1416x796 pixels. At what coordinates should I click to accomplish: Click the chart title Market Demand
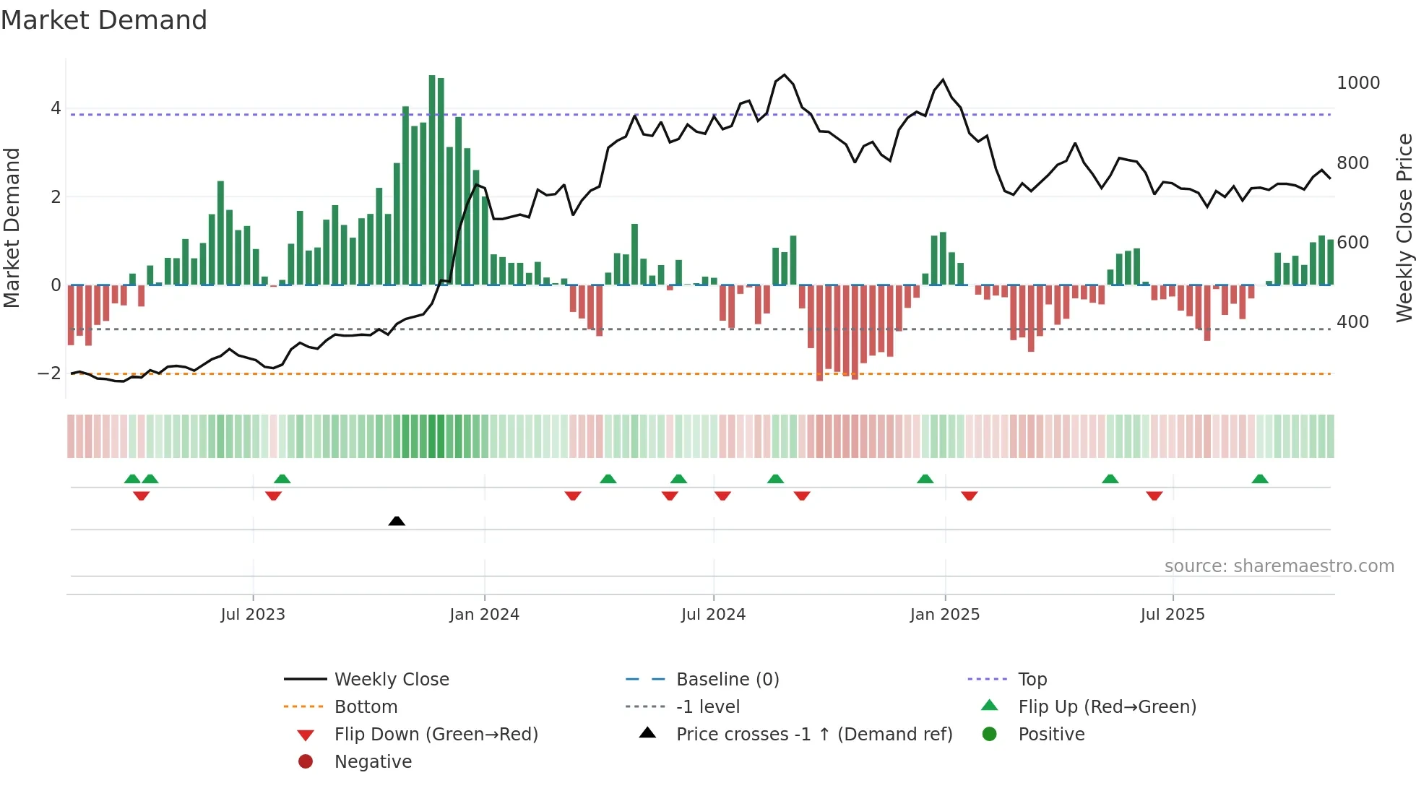click(104, 20)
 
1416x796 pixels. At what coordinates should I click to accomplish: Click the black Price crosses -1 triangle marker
click(397, 521)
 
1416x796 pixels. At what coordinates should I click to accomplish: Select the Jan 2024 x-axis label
click(484, 615)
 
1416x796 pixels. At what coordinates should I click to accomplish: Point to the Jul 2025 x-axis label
click(1173, 615)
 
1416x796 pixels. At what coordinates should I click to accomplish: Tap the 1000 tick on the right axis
click(1357, 83)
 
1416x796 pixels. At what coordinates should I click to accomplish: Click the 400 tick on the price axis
click(1352, 322)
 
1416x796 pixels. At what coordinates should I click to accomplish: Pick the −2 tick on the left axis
click(49, 373)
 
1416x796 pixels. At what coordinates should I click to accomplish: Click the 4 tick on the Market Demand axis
click(56, 108)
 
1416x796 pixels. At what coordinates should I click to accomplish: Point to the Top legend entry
click(1032, 680)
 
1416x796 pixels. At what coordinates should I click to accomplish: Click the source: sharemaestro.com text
click(1279, 566)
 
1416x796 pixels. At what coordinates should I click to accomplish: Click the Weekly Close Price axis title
click(1404, 228)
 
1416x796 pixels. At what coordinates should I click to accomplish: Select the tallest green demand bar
click(432, 181)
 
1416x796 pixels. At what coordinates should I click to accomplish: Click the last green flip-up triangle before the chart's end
click(1260, 479)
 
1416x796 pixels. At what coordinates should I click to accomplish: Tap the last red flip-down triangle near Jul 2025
click(1154, 496)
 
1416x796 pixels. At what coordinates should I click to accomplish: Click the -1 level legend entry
click(707, 707)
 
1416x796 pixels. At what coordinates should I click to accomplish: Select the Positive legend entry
click(1050, 735)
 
